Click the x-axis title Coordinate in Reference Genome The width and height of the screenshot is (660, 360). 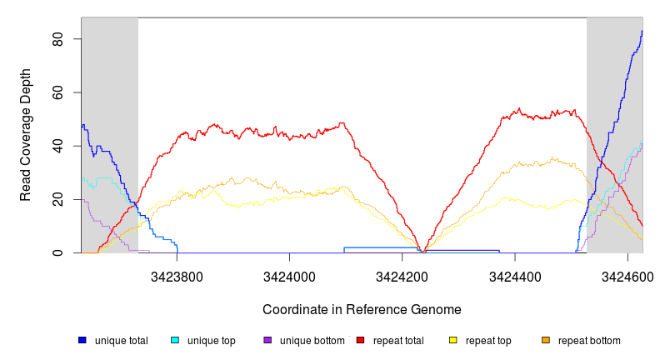click(x=362, y=309)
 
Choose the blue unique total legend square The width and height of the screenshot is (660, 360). click(x=82, y=340)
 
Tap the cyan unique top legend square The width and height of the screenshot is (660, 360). click(x=175, y=340)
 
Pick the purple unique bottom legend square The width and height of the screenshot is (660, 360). click(x=267, y=340)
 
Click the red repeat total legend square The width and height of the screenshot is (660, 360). click(x=360, y=340)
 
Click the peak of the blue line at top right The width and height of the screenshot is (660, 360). click(x=642, y=32)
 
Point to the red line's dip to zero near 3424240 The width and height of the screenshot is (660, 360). click(x=423, y=252)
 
